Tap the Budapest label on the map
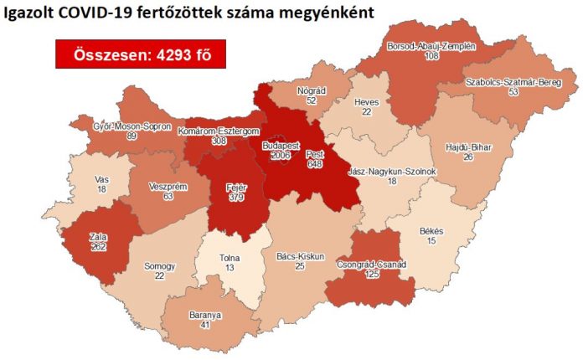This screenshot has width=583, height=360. click(x=281, y=145)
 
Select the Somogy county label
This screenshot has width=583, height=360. click(x=159, y=266)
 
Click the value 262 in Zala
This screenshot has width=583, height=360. click(x=99, y=248)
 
